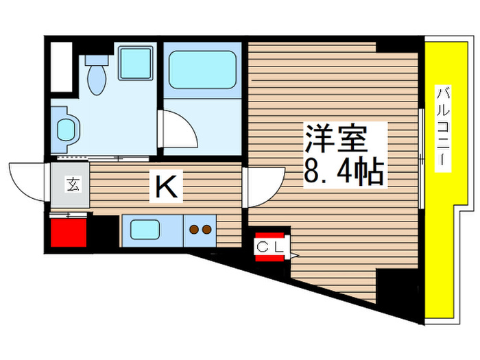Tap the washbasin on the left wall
click(x=67, y=129)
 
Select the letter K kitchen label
click(x=166, y=187)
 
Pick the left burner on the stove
click(x=194, y=230)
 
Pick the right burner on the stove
click(x=206, y=230)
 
